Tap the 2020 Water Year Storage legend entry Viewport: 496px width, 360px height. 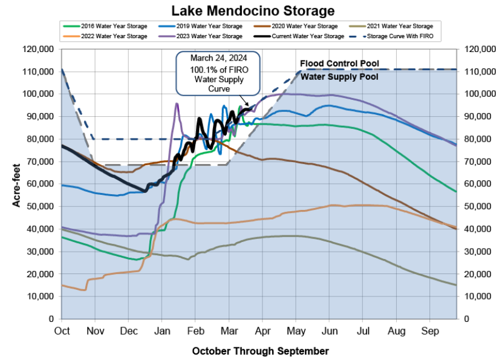pos(305,27)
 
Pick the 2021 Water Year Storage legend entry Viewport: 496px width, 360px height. pos(400,27)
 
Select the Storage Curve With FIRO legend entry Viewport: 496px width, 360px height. pos(400,36)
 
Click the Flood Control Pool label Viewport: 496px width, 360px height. pos(339,64)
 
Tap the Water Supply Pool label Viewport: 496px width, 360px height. pos(339,77)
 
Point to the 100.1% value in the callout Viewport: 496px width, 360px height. pos(201,70)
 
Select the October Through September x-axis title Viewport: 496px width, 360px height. pos(260,351)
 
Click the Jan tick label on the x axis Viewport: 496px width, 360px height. pos(161,331)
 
